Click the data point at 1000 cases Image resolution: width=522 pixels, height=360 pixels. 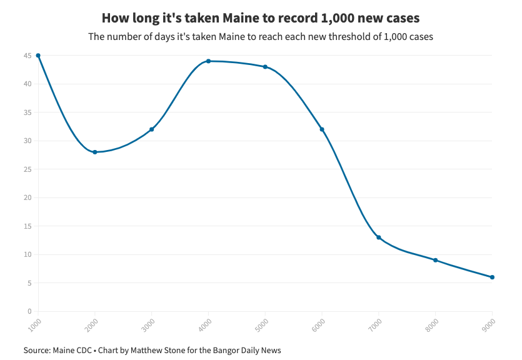coord(38,56)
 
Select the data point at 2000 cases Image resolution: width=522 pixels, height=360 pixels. coord(95,152)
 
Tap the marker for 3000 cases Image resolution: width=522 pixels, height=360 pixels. coord(152,129)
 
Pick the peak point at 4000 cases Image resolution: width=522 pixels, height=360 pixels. coord(209,61)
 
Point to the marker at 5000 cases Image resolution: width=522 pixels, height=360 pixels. coord(266,67)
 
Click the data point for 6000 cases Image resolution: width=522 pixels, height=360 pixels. coord(322,129)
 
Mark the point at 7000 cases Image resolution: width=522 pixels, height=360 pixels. coord(379,237)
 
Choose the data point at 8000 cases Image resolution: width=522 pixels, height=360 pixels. coord(436,260)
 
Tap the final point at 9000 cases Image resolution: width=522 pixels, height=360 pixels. coord(493,277)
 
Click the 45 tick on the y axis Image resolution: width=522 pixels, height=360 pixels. coord(28,56)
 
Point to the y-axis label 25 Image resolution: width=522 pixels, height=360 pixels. coord(28,169)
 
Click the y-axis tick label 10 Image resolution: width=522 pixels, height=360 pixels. coord(28,254)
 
